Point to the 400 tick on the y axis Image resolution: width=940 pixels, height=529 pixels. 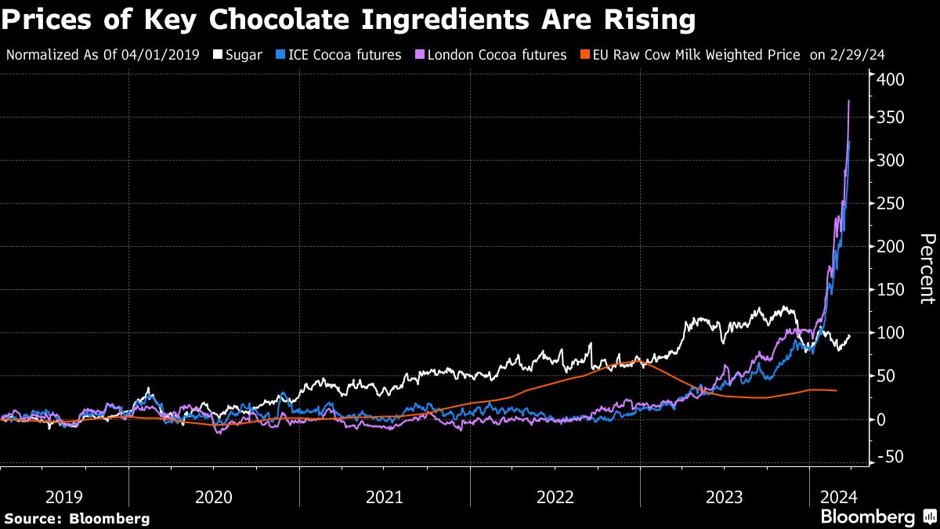point(890,80)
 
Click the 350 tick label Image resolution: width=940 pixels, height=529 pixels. point(890,118)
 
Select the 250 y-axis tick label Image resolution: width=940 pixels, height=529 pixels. point(890,204)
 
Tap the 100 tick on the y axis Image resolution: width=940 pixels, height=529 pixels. point(890,333)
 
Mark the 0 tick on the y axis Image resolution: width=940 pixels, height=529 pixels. point(881,419)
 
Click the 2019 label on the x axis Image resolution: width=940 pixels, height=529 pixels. point(64,497)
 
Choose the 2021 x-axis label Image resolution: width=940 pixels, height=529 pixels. point(385,497)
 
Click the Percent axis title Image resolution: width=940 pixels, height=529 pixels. point(926,269)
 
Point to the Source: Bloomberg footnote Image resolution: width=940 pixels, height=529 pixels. point(76,518)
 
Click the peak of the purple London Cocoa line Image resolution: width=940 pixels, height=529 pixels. point(849,101)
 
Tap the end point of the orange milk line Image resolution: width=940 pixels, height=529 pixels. point(837,390)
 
